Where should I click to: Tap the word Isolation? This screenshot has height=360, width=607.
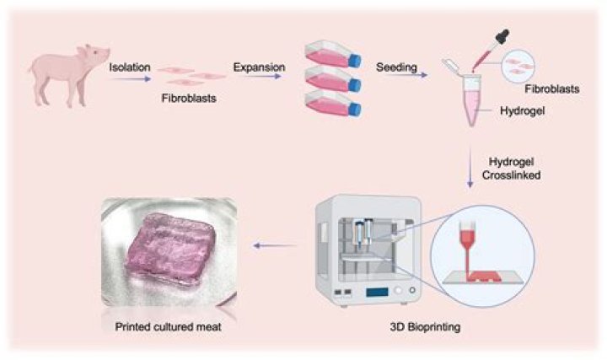click(x=130, y=67)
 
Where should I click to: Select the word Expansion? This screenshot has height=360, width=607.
click(x=259, y=67)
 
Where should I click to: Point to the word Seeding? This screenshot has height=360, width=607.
click(x=396, y=67)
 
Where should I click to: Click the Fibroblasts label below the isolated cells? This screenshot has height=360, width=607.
click(x=189, y=99)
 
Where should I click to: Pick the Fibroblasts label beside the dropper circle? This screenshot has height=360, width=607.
click(x=552, y=89)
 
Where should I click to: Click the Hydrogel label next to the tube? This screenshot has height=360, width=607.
click(x=522, y=111)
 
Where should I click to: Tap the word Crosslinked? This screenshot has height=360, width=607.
click(x=512, y=175)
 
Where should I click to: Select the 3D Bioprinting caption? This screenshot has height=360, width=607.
click(x=425, y=327)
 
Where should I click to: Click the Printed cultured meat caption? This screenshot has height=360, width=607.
click(x=168, y=327)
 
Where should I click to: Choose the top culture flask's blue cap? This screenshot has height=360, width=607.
click(x=355, y=61)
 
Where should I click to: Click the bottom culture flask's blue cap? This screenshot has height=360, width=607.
click(x=355, y=110)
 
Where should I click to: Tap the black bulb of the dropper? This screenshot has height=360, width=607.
click(x=502, y=38)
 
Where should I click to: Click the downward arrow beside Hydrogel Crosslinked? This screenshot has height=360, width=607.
click(x=470, y=167)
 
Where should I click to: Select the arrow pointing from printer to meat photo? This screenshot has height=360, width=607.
click(x=275, y=245)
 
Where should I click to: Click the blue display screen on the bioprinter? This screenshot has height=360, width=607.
click(x=377, y=292)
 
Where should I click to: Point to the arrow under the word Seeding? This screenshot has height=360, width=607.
click(x=406, y=75)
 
